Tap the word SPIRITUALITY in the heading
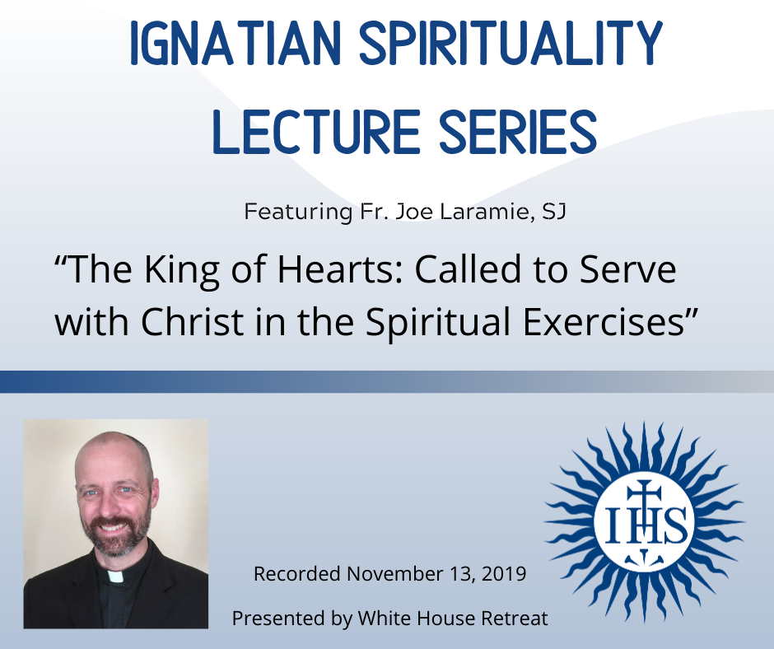[511, 43]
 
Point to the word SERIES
[518, 132]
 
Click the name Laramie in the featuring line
[487, 212]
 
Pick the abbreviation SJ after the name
[554, 212]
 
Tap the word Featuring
[298, 212]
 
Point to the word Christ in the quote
[193, 321]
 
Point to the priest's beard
[114, 536]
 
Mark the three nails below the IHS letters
[643, 557]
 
